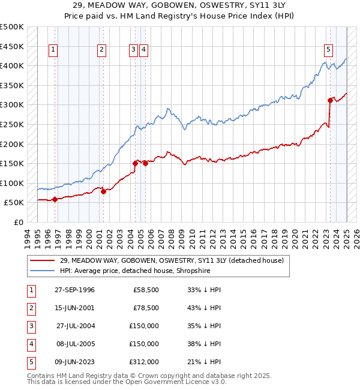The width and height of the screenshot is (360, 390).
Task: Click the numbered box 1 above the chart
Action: [x=53, y=50]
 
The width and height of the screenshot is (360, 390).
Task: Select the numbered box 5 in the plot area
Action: [x=329, y=50]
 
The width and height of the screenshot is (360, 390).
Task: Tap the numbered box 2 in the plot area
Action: [x=102, y=50]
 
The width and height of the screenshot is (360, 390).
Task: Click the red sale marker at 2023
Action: [x=330, y=100]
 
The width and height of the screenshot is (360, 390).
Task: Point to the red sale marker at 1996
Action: [x=55, y=199]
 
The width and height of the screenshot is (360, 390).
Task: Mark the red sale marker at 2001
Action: [x=103, y=191]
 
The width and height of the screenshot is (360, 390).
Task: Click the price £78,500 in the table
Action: [x=146, y=308]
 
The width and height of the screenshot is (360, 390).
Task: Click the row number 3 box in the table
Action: [x=30, y=326]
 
